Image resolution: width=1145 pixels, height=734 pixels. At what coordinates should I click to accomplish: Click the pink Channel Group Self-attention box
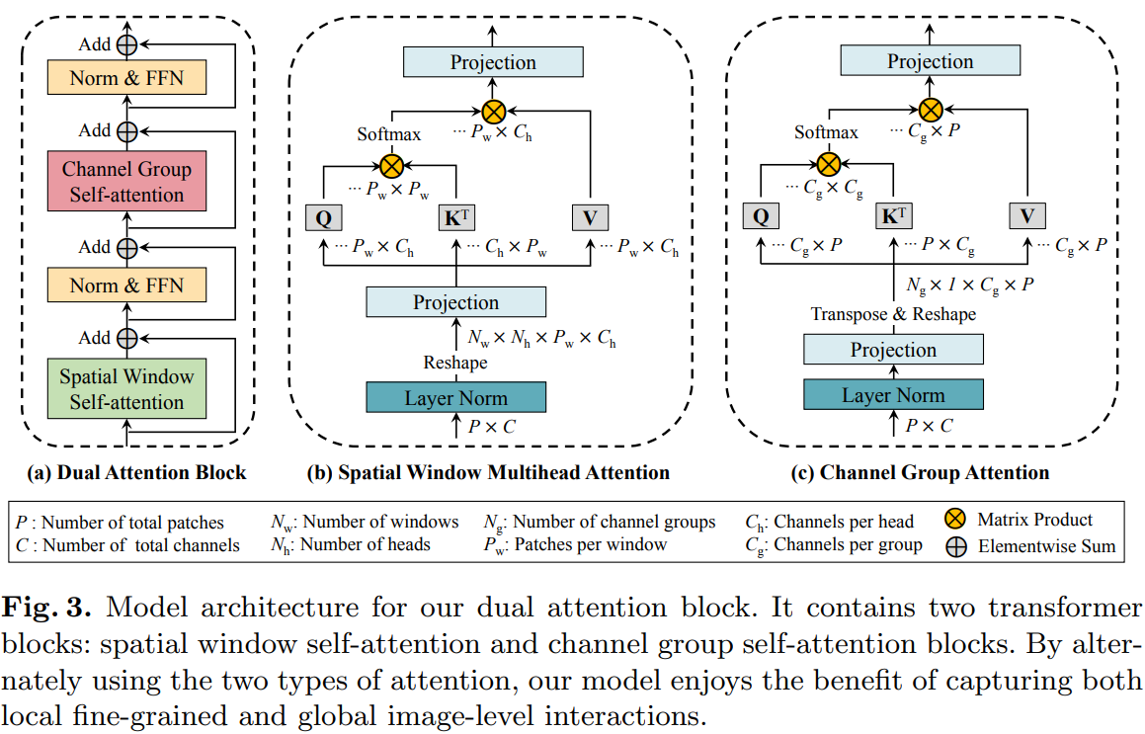click(x=126, y=182)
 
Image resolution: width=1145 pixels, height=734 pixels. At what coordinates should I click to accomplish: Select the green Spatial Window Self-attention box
click(x=126, y=389)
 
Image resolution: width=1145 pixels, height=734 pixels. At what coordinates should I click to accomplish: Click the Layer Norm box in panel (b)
click(x=455, y=399)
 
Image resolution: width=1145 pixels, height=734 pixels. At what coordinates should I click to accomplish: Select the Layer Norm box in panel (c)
click(x=892, y=395)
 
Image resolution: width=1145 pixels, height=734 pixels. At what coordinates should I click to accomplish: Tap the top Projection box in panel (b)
click(x=493, y=63)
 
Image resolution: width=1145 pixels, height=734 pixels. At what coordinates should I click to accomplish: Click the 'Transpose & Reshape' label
click(x=893, y=314)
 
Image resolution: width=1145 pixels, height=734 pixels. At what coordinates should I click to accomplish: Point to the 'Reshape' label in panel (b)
click(x=455, y=363)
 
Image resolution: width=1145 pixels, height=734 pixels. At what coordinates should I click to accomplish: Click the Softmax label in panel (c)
click(x=826, y=132)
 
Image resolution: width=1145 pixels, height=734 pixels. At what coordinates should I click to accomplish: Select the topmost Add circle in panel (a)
click(x=126, y=45)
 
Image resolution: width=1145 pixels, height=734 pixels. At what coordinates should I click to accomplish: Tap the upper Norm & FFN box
click(x=126, y=78)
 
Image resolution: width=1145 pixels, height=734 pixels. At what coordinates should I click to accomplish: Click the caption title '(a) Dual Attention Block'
click(x=137, y=472)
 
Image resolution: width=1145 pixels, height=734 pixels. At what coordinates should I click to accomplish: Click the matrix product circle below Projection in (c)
click(x=930, y=109)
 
